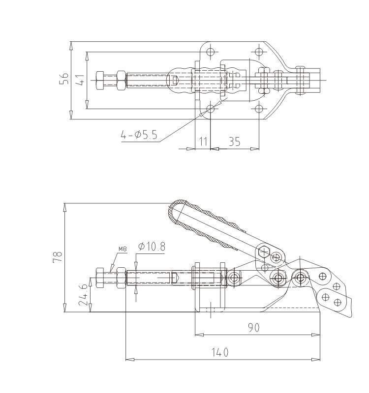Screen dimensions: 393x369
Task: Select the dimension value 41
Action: pyautogui.click(x=80, y=80)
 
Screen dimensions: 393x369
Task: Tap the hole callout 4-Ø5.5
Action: pyautogui.click(x=140, y=135)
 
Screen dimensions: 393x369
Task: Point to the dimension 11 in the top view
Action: pyautogui.click(x=202, y=141)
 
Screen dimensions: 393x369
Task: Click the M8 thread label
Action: pyautogui.click(x=123, y=248)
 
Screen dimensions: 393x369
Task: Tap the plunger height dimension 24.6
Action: pyautogui.click(x=83, y=294)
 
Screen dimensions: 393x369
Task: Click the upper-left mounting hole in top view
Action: pyautogui.click(x=211, y=51)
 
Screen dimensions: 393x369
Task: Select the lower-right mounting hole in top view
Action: pyautogui.click(x=259, y=109)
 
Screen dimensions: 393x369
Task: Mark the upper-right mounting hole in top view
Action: pyautogui.click(x=259, y=51)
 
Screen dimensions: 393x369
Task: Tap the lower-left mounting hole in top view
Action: pyautogui.click(x=211, y=109)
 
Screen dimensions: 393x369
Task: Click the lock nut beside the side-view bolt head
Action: pyautogui.click(x=120, y=278)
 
